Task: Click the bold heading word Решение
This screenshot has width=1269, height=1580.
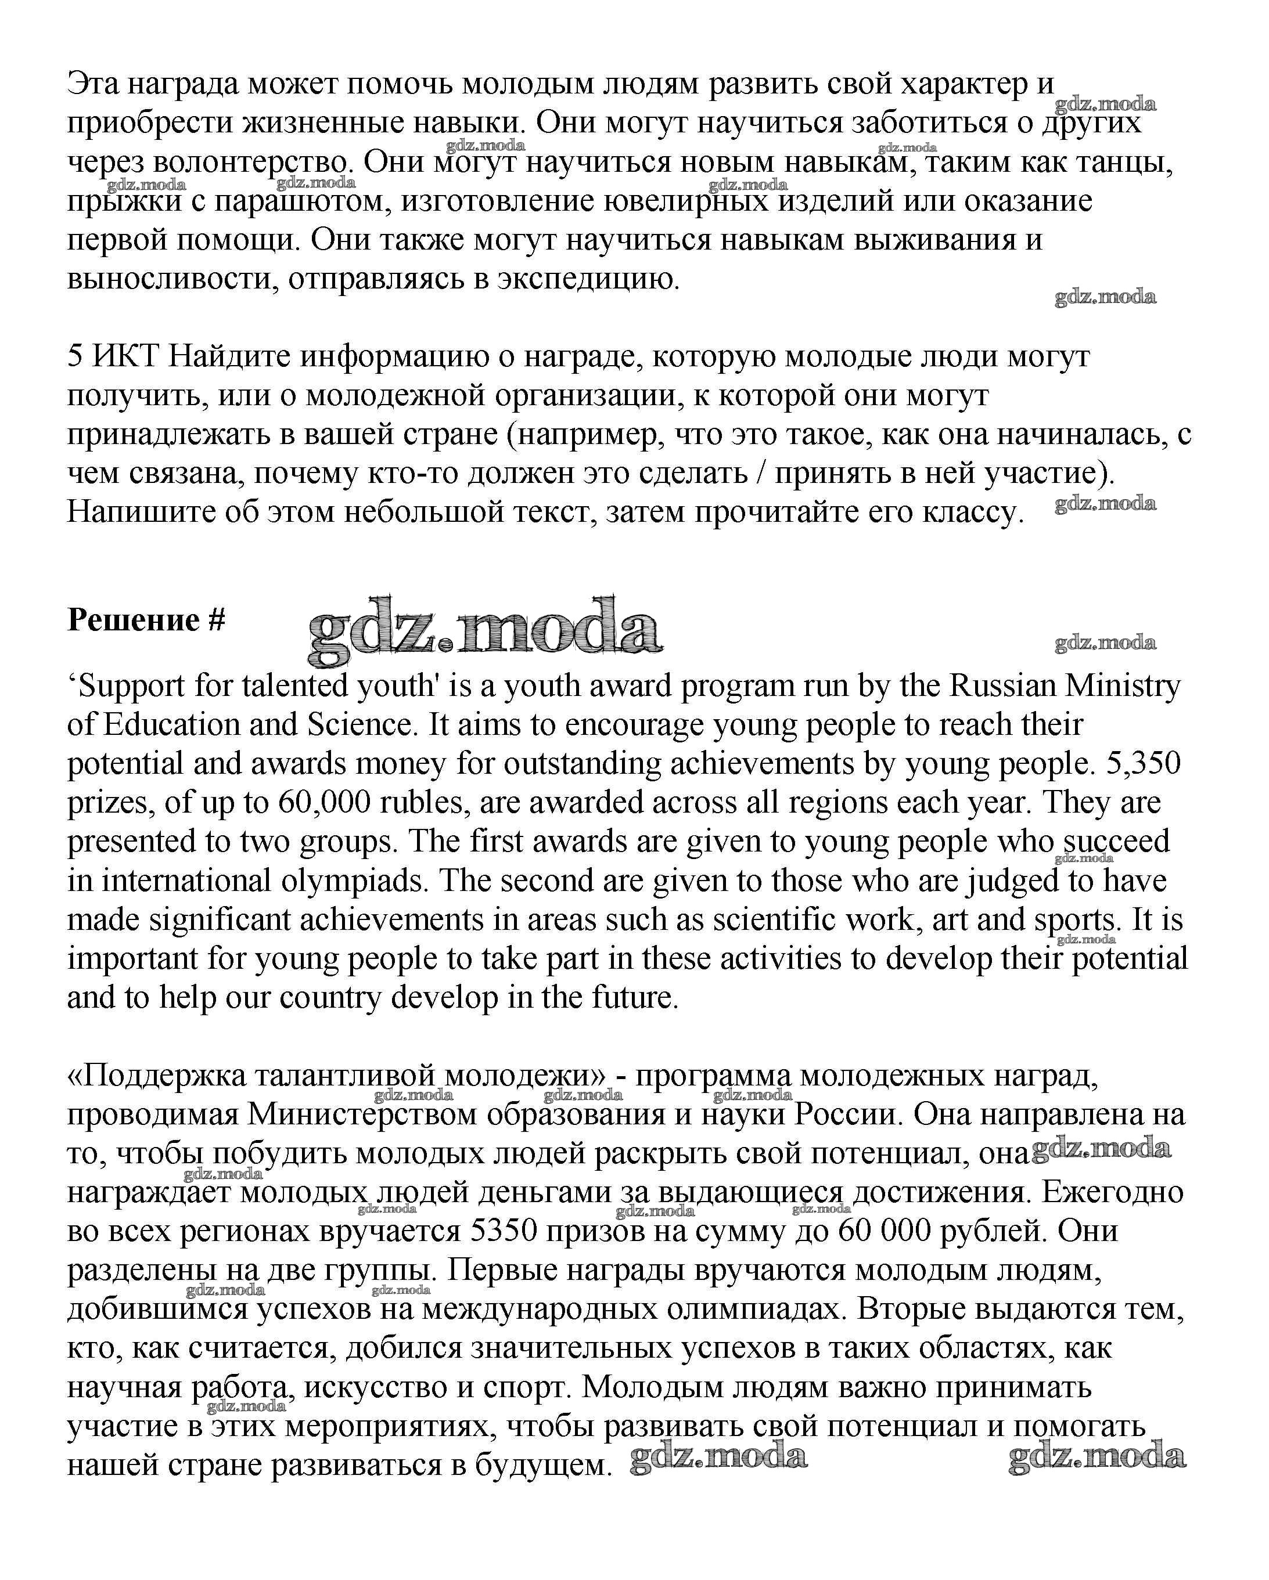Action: (134, 621)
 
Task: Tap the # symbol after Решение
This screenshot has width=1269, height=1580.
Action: (216, 621)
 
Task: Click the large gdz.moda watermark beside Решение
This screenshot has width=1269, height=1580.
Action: (484, 630)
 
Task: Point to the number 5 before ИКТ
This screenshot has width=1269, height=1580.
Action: (75, 357)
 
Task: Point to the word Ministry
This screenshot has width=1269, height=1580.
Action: (1123, 687)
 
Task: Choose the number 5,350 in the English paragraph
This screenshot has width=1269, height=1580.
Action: (1144, 764)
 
